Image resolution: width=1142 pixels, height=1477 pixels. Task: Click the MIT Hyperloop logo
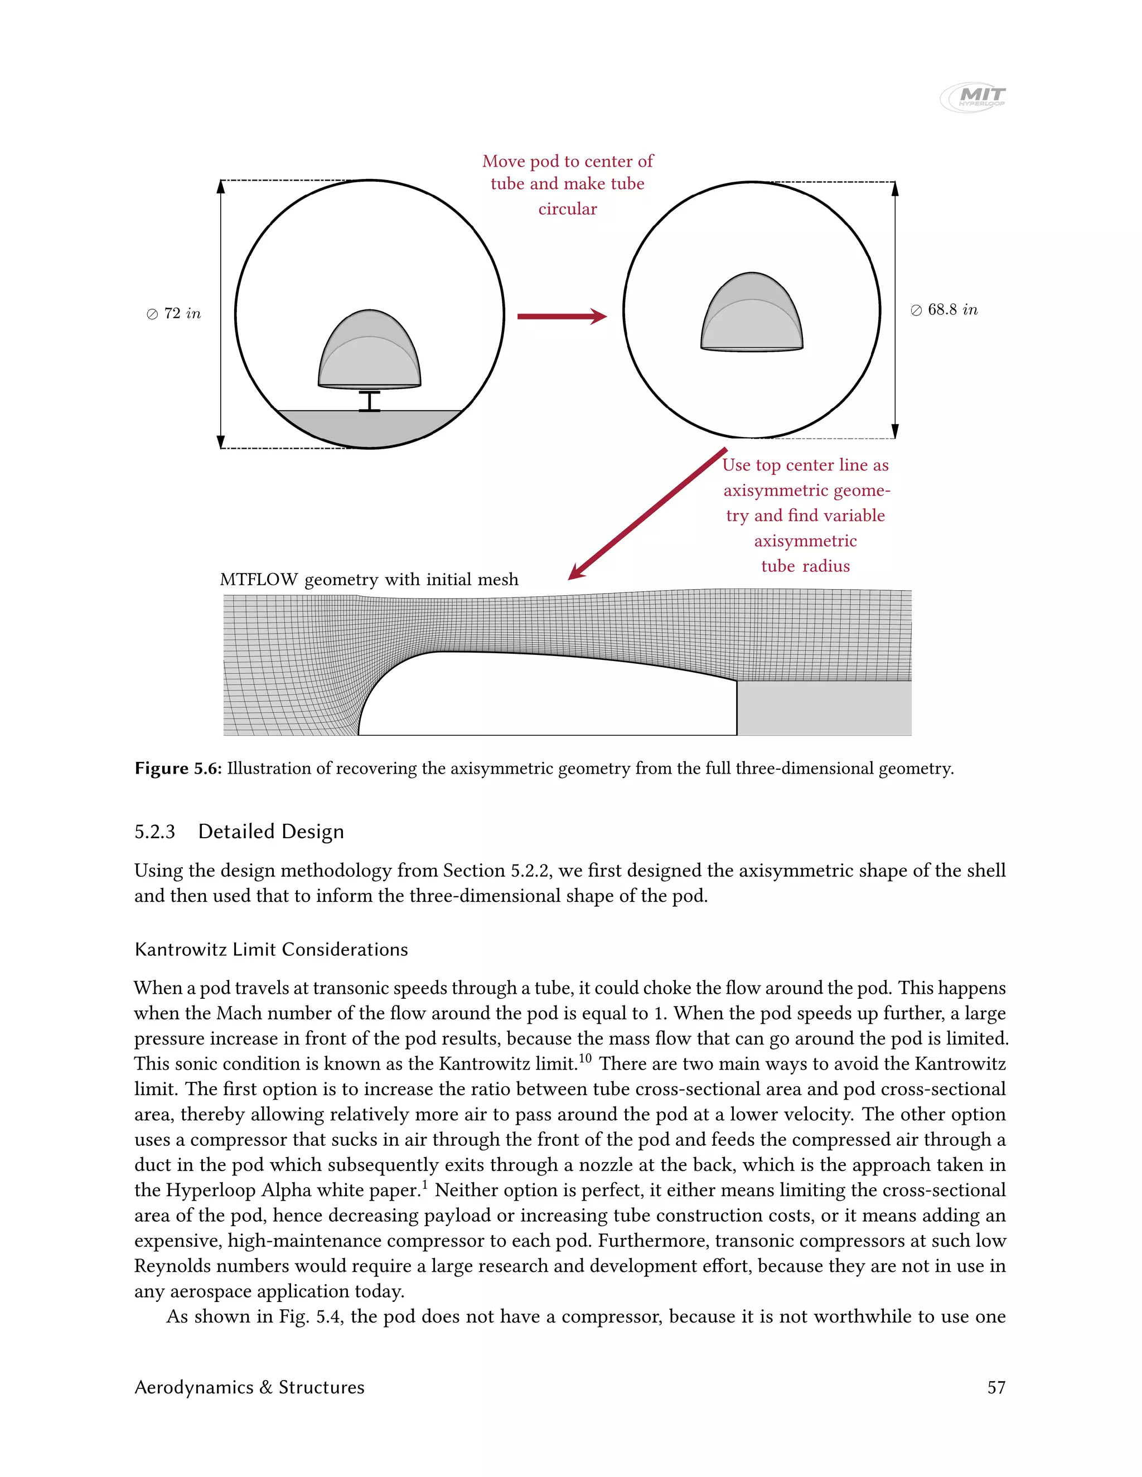point(973,97)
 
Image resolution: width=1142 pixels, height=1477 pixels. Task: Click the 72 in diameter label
point(175,314)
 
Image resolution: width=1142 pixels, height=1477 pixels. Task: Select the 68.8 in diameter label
point(945,310)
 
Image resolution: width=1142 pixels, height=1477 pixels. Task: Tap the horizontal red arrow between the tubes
point(561,316)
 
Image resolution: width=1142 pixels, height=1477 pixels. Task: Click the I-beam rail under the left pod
point(369,401)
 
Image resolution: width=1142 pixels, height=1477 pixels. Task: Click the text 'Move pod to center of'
point(568,161)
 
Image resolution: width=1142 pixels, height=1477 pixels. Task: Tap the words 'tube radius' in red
point(805,566)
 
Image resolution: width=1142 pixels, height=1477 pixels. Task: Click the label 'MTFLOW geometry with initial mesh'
point(369,580)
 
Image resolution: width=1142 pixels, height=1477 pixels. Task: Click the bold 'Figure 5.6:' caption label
point(178,768)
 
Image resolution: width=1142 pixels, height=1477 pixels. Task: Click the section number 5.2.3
point(154,831)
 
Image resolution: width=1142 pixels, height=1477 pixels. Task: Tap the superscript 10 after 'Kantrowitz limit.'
point(584,1058)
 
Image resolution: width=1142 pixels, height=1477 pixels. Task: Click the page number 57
point(996,1387)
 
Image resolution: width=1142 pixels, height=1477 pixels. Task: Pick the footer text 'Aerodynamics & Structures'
point(249,1387)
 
